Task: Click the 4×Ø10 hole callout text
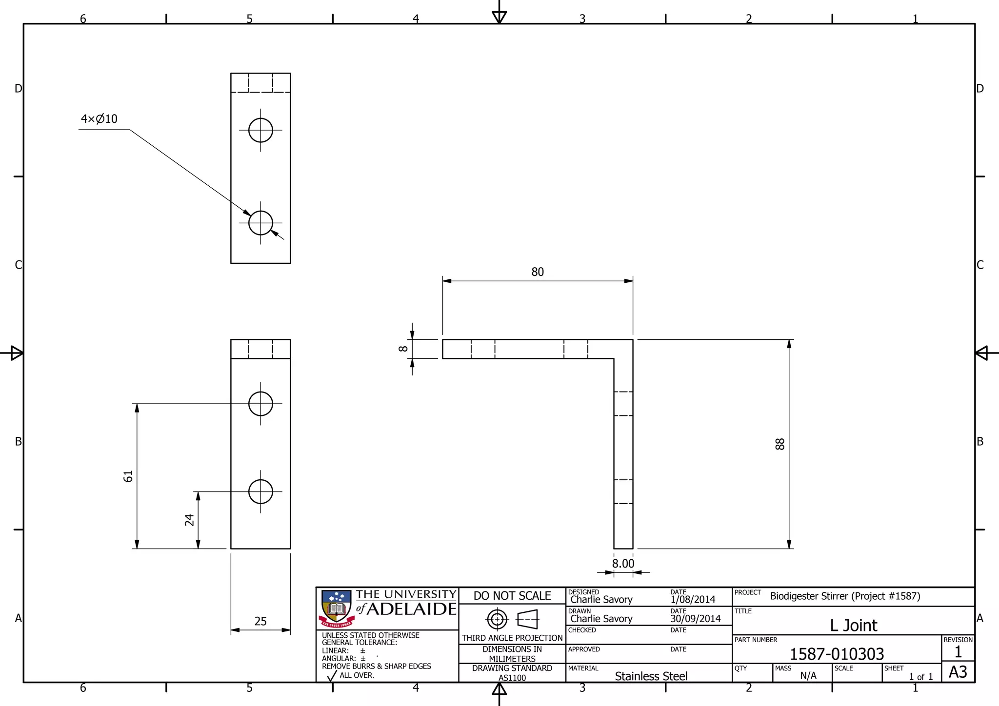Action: pos(99,119)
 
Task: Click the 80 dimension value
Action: pos(537,272)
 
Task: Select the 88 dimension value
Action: pos(779,444)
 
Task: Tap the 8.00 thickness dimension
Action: pos(623,564)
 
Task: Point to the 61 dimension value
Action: pos(128,476)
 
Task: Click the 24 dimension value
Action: pos(189,520)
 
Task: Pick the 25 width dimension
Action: pos(260,621)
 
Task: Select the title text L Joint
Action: pos(853,626)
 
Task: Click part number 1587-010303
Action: pos(837,654)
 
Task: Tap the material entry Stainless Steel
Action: pos(651,676)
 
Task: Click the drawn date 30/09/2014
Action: pos(695,619)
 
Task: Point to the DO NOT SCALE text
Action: pos(512,596)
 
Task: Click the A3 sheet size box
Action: pos(958,672)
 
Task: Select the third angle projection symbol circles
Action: pos(497,620)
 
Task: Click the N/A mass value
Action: pos(808,676)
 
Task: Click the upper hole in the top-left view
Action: pos(260,130)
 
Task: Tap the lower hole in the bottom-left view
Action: pos(260,491)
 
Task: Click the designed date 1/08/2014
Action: pos(693,600)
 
